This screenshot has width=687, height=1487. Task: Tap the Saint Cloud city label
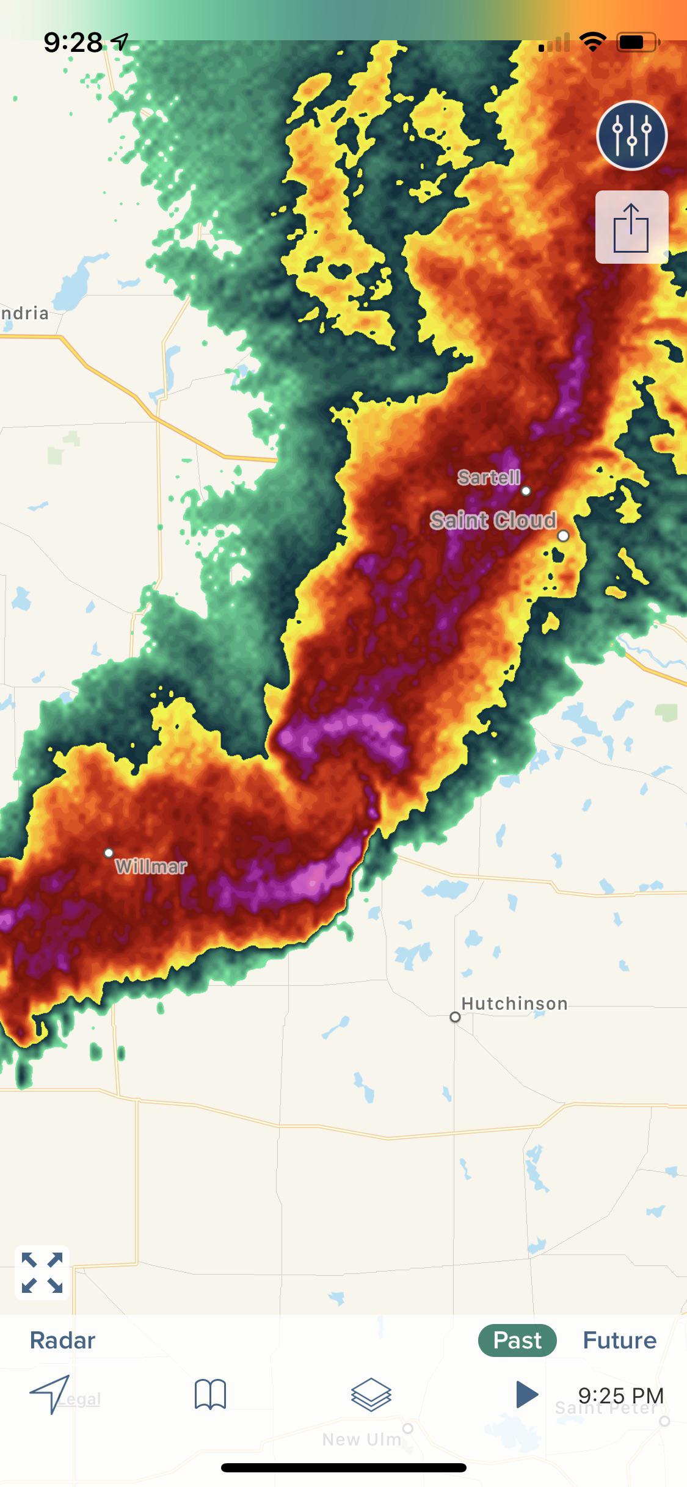coord(493,521)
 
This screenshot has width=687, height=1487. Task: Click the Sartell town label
coord(489,477)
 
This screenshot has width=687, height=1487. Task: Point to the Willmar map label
coord(151,866)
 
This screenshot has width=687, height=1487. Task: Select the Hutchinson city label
coord(514,1004)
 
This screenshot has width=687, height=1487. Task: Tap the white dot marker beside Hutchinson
coord(455,1017)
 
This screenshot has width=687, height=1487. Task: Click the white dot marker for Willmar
coord(109,853)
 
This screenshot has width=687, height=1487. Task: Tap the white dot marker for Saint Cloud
coord(563,535)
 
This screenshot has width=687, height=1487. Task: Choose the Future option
coord(619,1340)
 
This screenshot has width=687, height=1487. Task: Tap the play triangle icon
coord(526,1394)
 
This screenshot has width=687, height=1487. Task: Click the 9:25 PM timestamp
coord(620,1395)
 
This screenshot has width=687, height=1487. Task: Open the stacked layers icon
coord(371,1395)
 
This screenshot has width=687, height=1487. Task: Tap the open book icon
coord(210,1395)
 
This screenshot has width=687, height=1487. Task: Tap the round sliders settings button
coord(631,136)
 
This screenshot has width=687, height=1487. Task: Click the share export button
coord(631,227)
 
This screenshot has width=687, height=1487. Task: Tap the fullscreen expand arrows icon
coord(42,1273)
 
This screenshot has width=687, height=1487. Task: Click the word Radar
coord(62,1340)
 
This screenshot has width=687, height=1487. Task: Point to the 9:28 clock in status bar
coord(73,42)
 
